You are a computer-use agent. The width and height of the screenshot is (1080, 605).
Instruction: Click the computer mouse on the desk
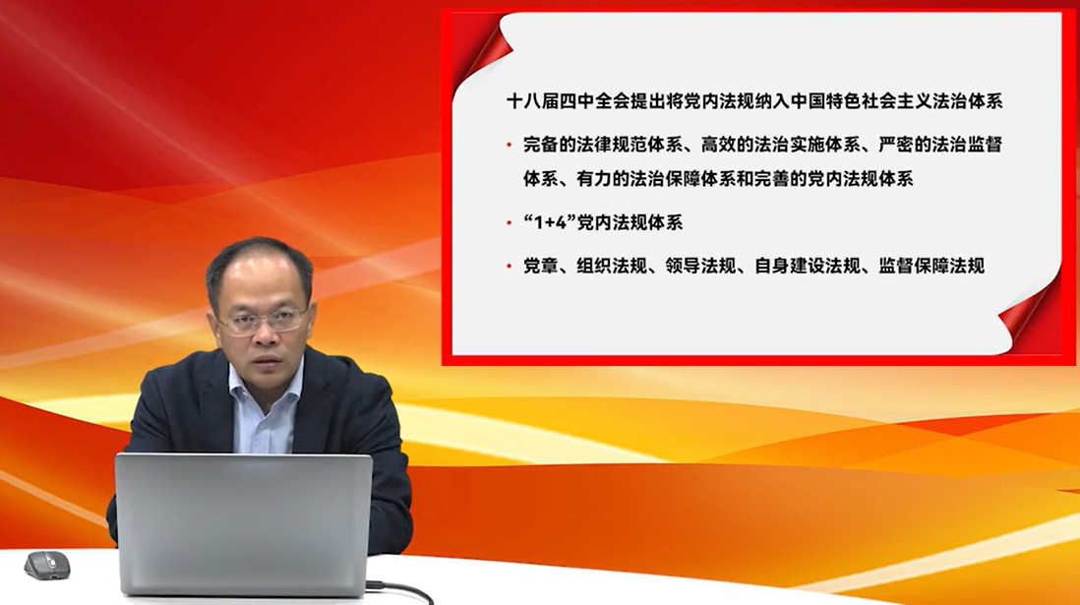(47, 565)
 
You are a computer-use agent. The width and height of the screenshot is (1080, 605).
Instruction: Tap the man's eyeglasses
(263, 321)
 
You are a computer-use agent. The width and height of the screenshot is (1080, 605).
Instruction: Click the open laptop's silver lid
(244, 523)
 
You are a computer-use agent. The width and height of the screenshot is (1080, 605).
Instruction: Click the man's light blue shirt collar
(266, 385)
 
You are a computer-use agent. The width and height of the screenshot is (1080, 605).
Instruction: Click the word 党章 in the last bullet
(541, 266)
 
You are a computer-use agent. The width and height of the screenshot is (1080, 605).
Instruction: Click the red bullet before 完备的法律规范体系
(509, 145)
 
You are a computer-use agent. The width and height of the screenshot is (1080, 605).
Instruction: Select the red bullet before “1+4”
(509, 222)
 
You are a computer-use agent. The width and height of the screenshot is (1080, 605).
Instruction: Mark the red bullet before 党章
(509, 266)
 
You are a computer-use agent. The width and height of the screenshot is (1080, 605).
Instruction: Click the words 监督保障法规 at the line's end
(931, 266)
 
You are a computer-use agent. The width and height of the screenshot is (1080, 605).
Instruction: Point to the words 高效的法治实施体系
(780, 145)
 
